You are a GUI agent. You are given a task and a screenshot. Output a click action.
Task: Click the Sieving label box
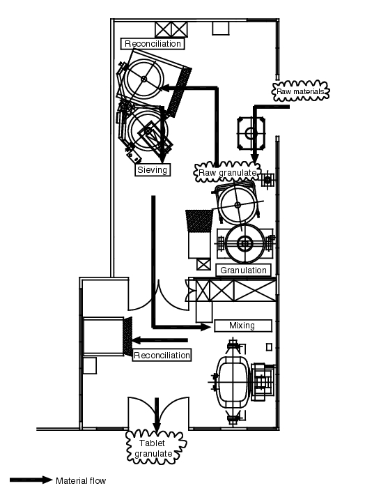point(153,170)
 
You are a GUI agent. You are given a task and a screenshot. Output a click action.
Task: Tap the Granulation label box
point(243,270)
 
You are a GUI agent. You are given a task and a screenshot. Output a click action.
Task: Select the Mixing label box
point(243,326)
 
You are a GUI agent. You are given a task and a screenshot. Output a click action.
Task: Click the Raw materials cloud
point(301,91)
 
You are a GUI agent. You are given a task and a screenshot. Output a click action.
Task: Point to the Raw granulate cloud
point(227,172)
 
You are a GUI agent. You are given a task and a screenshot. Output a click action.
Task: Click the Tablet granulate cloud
point(156,448)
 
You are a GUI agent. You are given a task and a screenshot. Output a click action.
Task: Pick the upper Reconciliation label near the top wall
point(153,43)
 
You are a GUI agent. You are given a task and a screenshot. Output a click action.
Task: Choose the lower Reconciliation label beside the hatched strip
point(162,355)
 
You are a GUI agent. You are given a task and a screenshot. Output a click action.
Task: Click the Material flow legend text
point(81,481)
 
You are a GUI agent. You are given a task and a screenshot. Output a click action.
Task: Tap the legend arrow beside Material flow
point(31,480)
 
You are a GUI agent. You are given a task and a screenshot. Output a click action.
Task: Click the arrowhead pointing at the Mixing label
point(205,327)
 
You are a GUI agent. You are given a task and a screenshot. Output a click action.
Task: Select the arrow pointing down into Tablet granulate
point(157,415)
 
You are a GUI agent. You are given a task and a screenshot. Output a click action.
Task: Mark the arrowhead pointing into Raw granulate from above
point(255,158)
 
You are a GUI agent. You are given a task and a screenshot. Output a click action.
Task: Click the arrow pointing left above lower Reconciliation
point(160,340)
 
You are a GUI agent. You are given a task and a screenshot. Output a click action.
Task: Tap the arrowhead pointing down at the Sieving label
point(162,158)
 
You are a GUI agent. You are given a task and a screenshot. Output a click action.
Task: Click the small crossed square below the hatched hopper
point(203,264)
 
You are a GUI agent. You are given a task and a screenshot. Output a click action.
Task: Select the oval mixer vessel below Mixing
point(233,382)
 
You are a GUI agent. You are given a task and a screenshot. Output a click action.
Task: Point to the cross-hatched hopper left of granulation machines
point(199,221)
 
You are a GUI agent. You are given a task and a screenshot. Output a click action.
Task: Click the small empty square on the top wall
point(220,29)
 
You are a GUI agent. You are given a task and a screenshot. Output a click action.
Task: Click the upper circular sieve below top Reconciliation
point(143,79)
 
